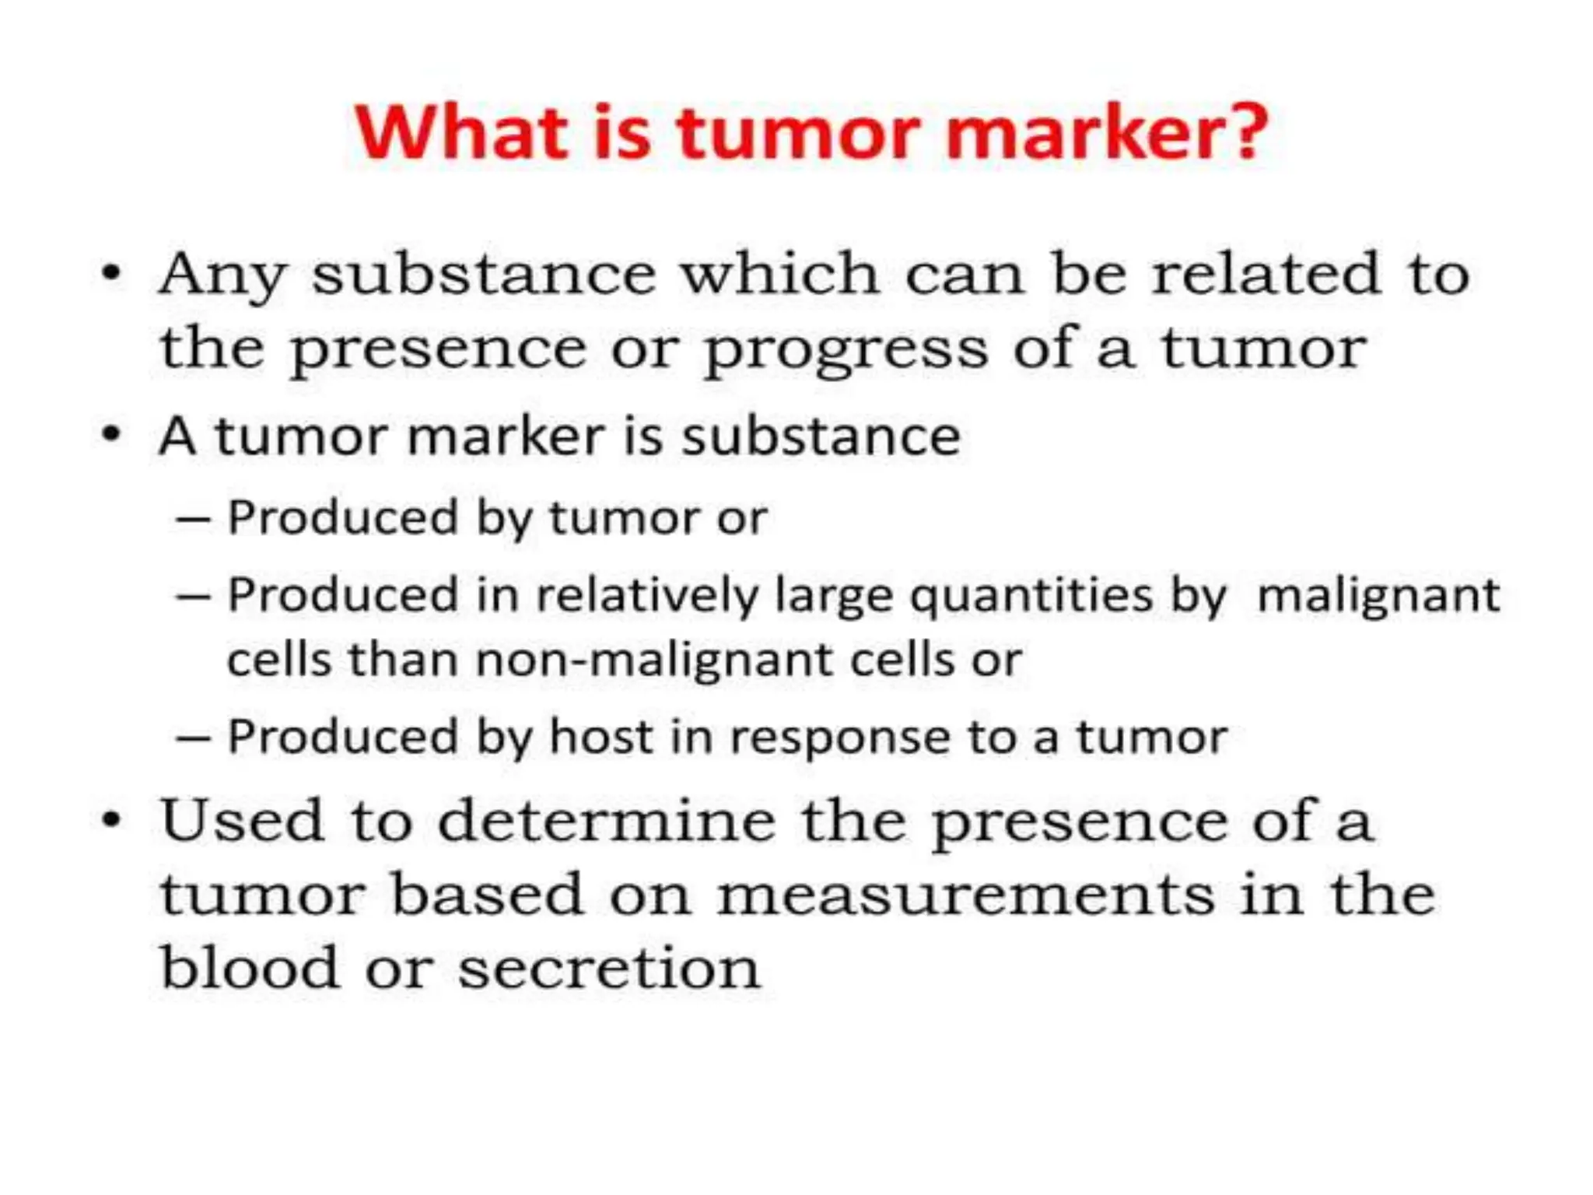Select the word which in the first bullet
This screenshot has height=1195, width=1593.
780,274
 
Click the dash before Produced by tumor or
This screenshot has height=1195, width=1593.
193,518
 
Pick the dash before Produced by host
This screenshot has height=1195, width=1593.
193,738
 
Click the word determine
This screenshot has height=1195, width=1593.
607,822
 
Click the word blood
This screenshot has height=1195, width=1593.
249,968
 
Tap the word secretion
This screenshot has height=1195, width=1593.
608,969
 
